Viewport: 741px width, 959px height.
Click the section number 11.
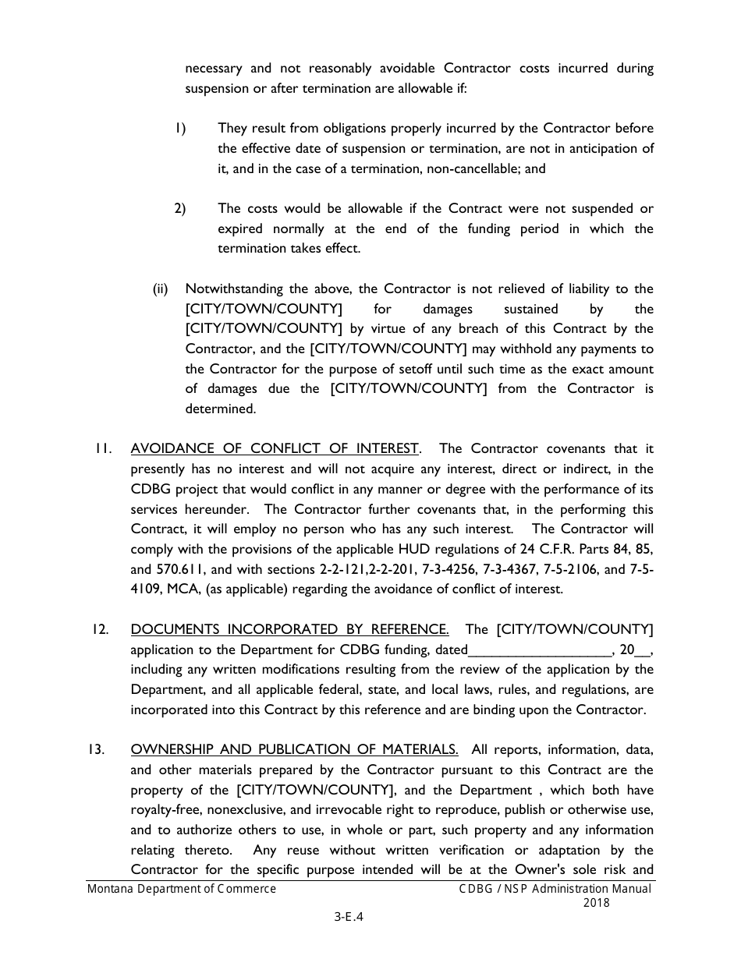pos(103,448)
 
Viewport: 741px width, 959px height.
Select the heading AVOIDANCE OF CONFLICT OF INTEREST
pos(275,448)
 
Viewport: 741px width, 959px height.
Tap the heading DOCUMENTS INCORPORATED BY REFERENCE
pos(289,629)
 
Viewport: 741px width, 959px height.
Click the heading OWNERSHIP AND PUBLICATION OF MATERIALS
pos(294,749)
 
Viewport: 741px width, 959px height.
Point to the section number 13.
pos(97,749)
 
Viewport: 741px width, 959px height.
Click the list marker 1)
pos(179,128)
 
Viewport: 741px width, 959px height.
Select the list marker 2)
pos(179,208)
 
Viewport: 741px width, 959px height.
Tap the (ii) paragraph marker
pos(160,288)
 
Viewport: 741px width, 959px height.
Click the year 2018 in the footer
pos(596,903)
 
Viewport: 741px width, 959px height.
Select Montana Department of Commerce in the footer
pos(181,889)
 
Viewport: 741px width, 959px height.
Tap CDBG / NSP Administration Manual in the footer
pos(555,889)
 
